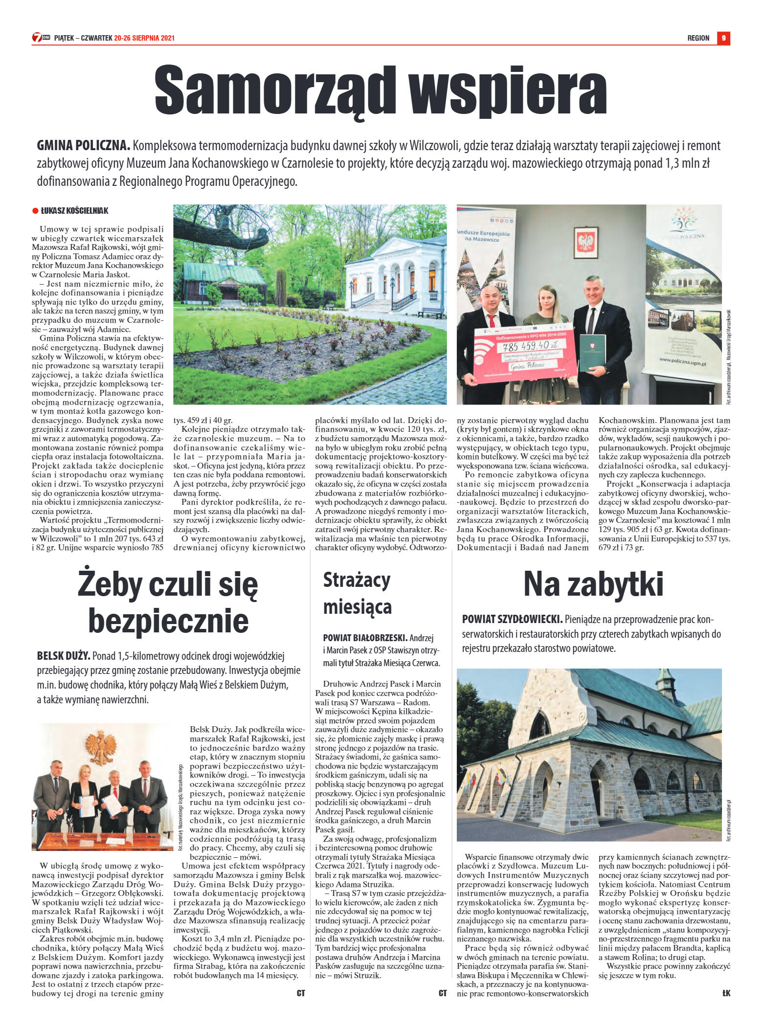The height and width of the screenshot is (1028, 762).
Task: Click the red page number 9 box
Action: point(723,38)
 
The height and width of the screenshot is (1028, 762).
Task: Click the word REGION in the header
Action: point(698,38)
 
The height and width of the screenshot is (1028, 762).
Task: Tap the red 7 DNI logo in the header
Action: point(41,38)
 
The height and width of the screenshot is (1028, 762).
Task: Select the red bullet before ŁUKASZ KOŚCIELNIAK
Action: point(35,211)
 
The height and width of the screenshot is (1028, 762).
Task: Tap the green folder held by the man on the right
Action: point(592,353)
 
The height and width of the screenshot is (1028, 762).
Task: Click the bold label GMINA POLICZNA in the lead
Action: point(83,146)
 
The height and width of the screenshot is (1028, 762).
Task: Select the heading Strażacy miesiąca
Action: point(358,593)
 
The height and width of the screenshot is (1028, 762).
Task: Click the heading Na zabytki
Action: point(593,584)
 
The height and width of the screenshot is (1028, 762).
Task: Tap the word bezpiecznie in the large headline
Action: point(168,621)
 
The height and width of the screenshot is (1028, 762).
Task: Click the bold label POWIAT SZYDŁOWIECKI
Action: point(512,620)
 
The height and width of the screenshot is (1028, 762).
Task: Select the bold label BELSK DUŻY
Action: point(63,656)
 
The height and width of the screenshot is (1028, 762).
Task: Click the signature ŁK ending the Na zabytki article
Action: point(726,993)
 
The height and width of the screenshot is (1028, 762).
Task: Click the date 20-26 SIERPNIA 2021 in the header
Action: point(144,38)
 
